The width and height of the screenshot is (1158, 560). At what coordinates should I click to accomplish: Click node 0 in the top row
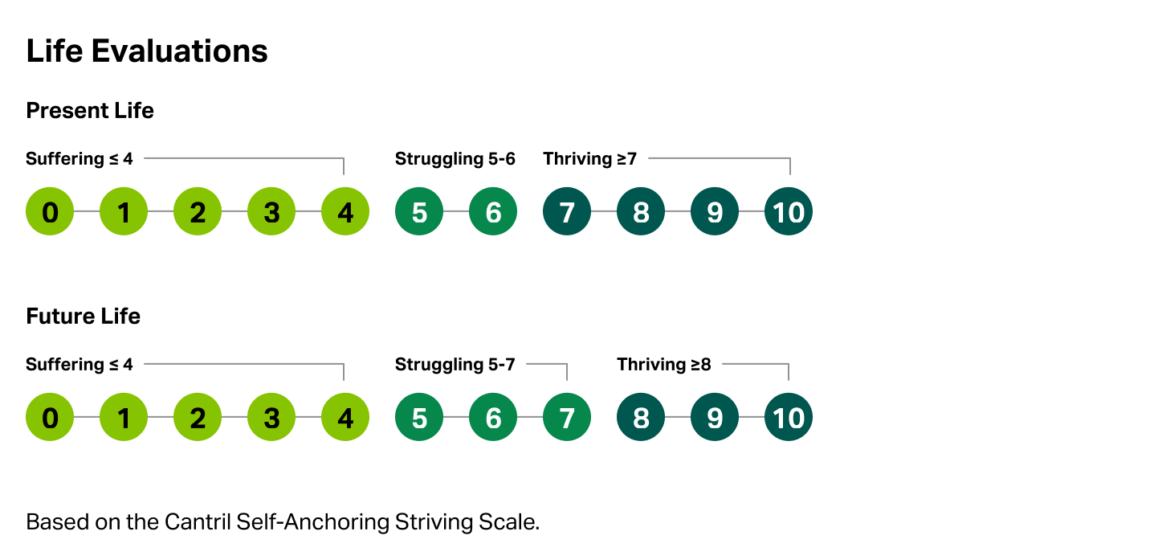tap(50, 211)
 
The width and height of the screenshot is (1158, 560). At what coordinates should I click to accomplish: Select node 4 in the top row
tap(345, 211)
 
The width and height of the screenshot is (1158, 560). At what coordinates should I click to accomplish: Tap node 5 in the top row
tap(419, 211)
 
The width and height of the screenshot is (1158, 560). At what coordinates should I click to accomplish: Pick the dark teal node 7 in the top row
tap(567, 211)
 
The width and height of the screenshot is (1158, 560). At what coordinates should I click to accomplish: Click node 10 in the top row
tap(789, 211)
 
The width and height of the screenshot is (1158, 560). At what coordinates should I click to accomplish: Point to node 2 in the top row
tap(198, 211)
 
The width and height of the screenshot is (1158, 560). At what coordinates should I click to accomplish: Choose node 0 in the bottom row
tap(50, 417)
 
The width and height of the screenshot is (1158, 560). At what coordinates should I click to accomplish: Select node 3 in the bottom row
tap(271, 417)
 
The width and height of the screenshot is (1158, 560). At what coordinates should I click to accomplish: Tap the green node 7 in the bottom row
tap(567, 417)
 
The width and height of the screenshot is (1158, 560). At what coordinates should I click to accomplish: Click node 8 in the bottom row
tap(641, 417)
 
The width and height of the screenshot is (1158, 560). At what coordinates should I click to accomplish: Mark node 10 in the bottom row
tap(789, 417)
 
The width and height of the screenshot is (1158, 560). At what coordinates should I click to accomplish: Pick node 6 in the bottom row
tap(493, 417)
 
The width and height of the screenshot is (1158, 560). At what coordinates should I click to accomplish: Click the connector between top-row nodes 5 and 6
tap(456, 211)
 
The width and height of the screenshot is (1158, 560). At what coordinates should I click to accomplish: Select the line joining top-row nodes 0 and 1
tap(87, 211)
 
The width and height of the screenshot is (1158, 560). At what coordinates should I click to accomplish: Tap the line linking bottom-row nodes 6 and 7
tap(530, 417)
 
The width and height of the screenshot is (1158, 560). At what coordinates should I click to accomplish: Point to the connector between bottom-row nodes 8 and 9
tap(678, 417)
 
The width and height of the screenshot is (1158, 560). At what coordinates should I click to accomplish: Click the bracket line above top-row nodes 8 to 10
tap(719, 157)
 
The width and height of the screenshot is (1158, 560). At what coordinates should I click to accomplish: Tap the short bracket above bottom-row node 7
tap(546, 363)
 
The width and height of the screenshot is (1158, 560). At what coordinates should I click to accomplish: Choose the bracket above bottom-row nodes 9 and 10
tap(755, 363)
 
